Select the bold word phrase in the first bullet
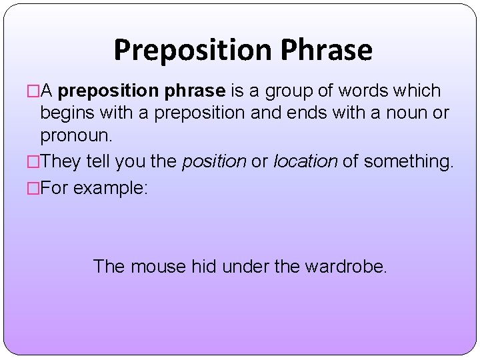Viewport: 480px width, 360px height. click(x=195, y=91)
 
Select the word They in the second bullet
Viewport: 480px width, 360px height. click(x=65, y=161)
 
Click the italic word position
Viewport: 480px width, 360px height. click(x=213, y=161)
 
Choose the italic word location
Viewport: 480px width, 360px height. click(x=305, y=161)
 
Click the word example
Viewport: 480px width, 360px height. click(x=110, y=189)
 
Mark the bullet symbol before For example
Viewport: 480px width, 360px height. click(x=34, y=189)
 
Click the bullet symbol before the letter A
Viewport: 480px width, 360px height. click(x=34, y=91)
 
